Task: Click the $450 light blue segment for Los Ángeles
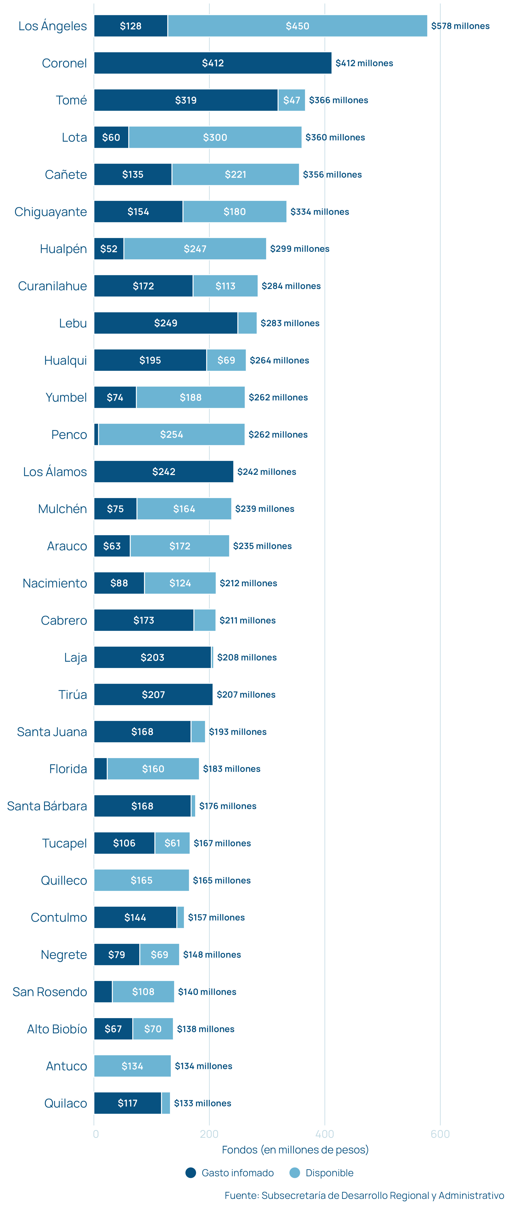pyautogui.click(x=297, y=26)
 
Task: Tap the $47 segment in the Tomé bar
pyautogui.click(x=291, y=100)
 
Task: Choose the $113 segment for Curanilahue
pyautogui.click(x=225, y=286)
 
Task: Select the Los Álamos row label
pyautogui.click(x=55, y=471)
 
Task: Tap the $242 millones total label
pyautogui.click(x=266, y=471)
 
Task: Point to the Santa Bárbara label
pyautogui.click(x=47, y=806)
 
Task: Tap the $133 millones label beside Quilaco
pyautogui.click(x=202, y=1103)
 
